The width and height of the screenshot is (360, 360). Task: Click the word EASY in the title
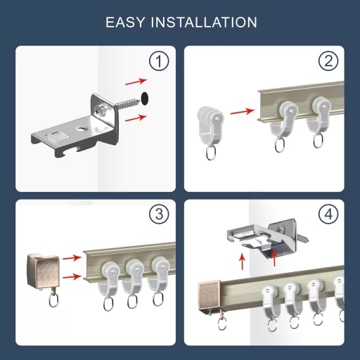pos(124,22)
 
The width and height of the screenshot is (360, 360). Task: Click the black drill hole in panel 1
pos(146,98)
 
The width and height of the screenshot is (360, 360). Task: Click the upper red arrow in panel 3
pos(72,258)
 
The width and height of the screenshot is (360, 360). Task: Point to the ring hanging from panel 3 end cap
pos(49,301)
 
